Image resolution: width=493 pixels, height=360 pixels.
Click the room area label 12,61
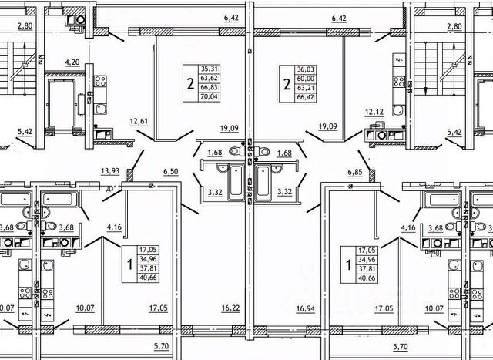[139, 119]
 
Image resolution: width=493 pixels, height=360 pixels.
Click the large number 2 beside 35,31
[189, 83]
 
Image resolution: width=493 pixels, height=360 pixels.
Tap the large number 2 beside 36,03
[286, 83]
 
